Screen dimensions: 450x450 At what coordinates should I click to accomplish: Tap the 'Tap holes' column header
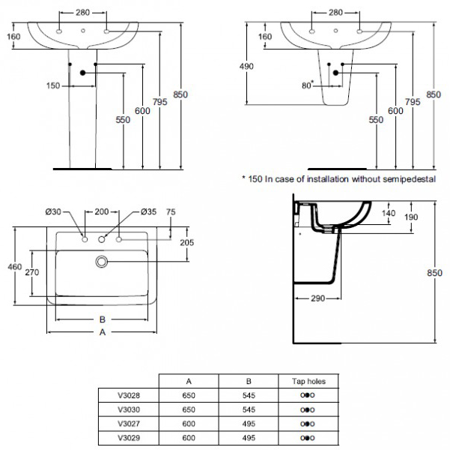tap(308, 380)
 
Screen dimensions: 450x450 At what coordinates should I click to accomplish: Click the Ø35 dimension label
tap(150, 212)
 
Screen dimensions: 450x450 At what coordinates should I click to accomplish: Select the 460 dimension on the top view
tap(13, 265)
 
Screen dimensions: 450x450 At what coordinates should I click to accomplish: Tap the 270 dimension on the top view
tap(33, 273)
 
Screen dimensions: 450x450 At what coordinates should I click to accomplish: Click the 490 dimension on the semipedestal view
tap(248, 67)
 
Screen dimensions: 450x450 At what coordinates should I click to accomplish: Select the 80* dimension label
tap(307, 85)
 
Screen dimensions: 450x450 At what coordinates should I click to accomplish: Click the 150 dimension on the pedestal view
tap(52, 85)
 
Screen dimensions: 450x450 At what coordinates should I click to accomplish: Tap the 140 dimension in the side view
tap(388, 213)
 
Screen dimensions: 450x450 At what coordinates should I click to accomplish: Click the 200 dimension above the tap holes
tap(102, 212)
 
